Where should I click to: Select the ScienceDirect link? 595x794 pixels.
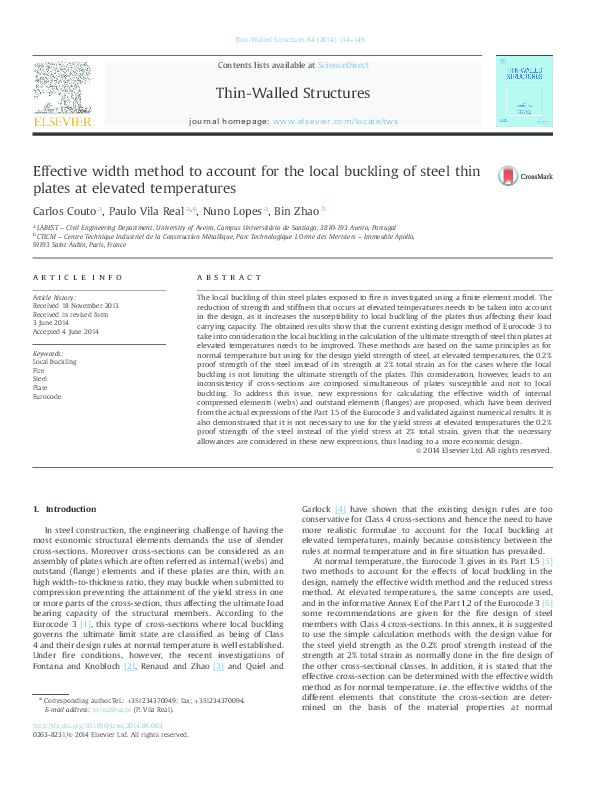point(343,65)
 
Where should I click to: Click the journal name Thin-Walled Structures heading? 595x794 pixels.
point(292,94)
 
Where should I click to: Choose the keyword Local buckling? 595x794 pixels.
point(55,361)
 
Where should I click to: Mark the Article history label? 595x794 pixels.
point(55,298)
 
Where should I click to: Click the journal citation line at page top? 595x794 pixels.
point(298,40)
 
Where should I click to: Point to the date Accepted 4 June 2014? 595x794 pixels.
point(66,331)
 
